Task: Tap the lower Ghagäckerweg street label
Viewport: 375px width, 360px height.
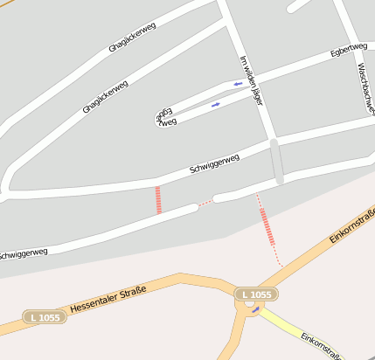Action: coord(106,97)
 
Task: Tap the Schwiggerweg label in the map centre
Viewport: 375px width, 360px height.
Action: coord(214,163)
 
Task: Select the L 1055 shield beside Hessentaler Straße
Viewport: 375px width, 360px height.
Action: coord(42,317)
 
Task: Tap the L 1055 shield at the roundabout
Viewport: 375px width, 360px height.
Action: coord(256,294)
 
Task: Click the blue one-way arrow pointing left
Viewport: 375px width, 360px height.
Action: coord(237,84)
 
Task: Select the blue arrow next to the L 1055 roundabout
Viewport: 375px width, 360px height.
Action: coord(255,308)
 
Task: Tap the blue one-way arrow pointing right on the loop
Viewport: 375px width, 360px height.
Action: coord(216,105)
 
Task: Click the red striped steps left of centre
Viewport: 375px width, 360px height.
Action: coord(158,200)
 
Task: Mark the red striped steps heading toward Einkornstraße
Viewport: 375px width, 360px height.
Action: coord(267,225)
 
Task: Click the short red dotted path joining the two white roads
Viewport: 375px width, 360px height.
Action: coord(205,203)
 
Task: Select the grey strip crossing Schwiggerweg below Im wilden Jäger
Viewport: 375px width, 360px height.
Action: coord(277,161)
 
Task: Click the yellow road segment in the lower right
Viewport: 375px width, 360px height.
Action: coord(288,328)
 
